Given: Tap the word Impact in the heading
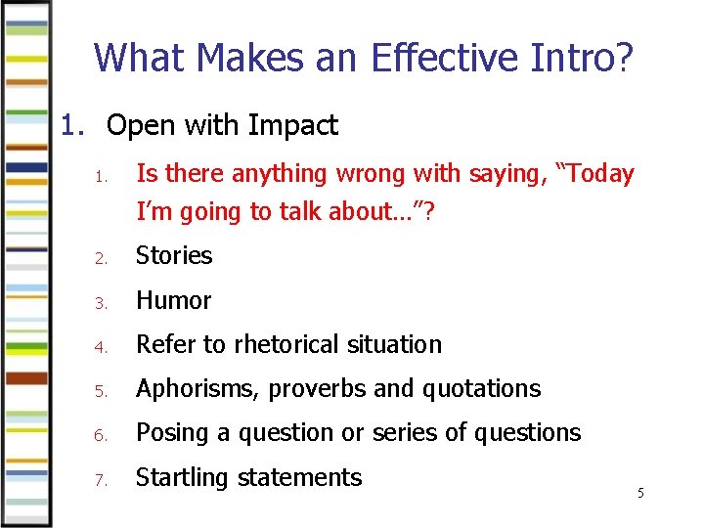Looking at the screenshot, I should point(293,125).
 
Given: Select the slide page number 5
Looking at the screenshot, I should point(640,493).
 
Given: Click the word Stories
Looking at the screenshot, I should point(174,255).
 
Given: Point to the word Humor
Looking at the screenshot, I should point(173,300).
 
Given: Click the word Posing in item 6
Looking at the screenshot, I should point(169,432).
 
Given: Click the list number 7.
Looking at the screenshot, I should point(100,479).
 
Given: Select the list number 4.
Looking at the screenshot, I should point(100,346).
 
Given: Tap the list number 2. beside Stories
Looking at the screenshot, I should point(100,257).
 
